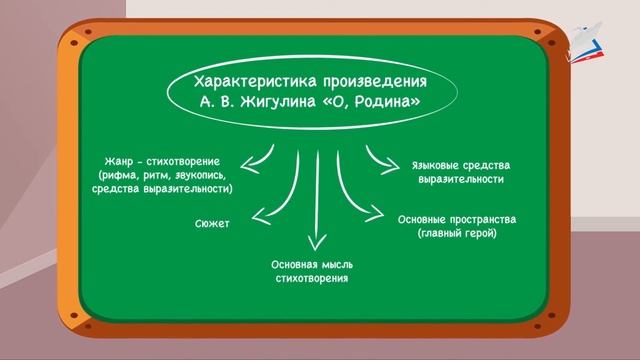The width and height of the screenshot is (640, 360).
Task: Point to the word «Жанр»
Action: click(x=123, y=162)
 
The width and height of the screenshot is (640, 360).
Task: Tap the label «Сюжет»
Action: click(x=212, y=223)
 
